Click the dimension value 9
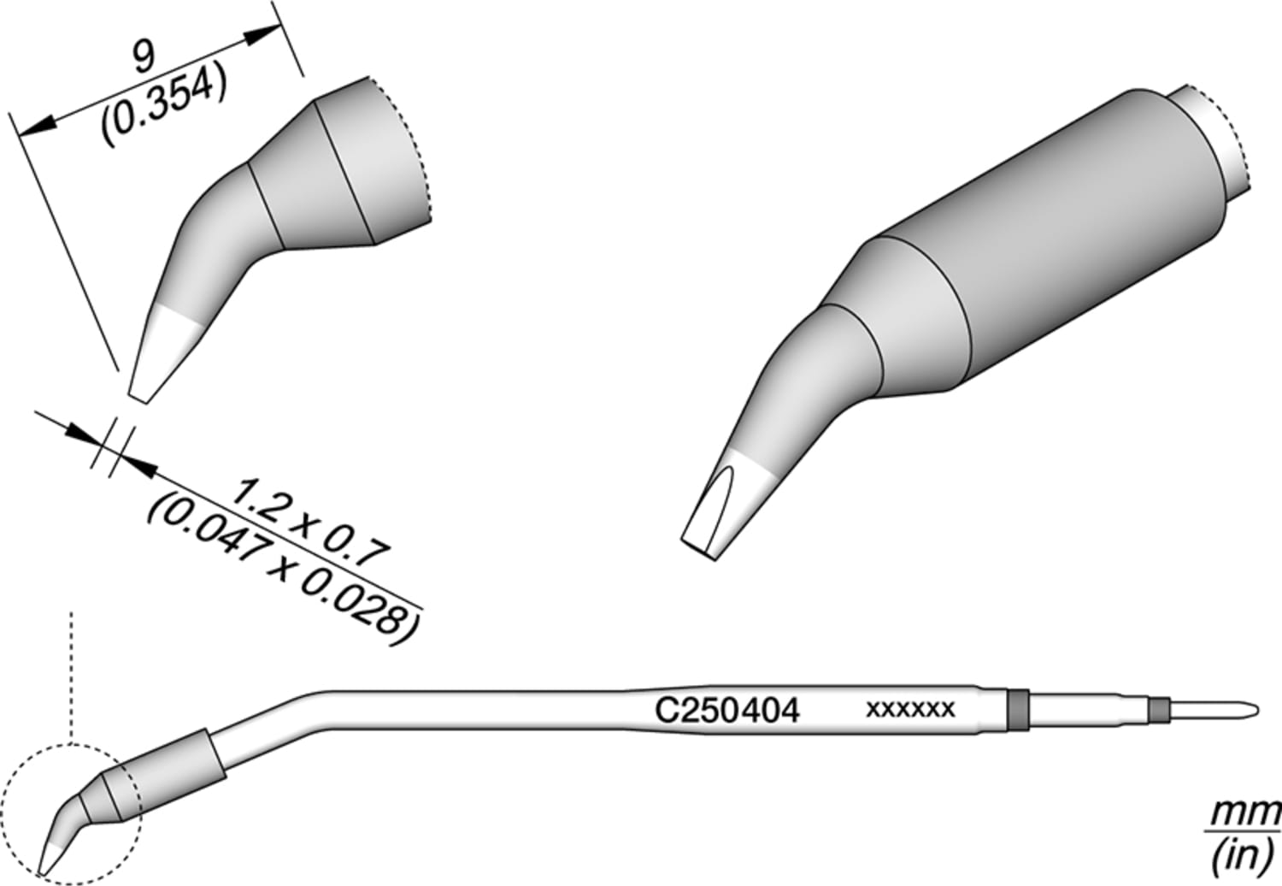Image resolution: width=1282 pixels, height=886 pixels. pyautogui.click(x=144, y=58)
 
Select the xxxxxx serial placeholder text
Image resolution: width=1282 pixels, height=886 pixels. pyautogui.click(x=910, y=710)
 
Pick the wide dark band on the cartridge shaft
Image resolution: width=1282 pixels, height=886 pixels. pyautogui.click(x=1017, y=709)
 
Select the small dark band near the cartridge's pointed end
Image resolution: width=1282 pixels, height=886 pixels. pyautogui.click(x=1158, y=709)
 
